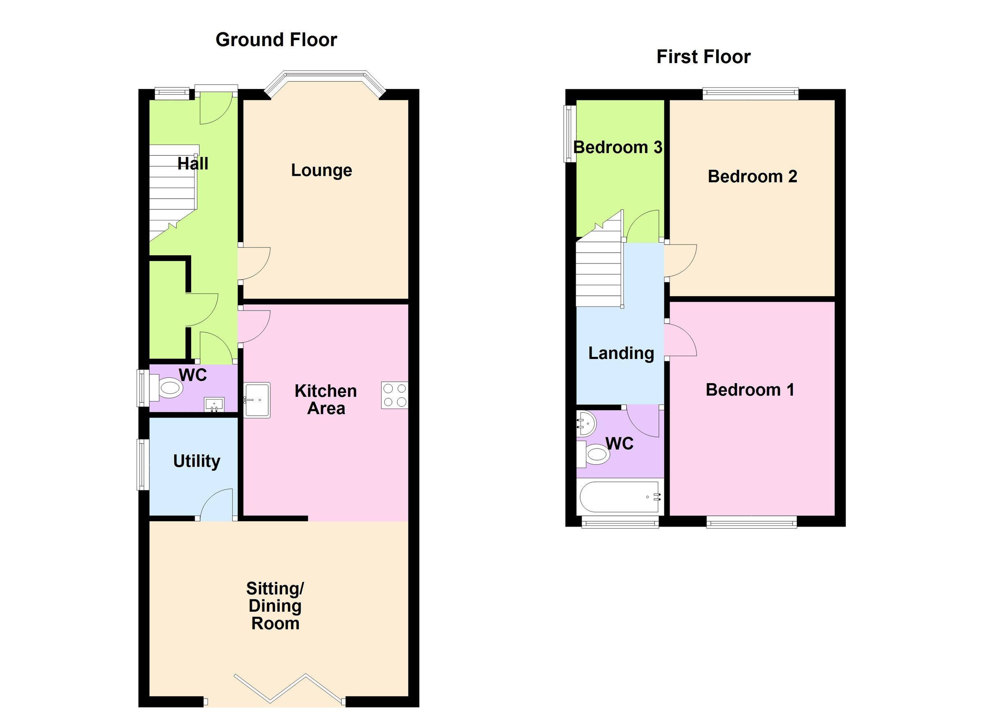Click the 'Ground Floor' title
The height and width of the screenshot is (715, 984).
276,40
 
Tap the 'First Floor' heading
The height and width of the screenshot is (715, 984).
703,57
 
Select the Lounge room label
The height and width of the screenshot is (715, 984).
321,170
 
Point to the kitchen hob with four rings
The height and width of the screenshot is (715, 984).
394,395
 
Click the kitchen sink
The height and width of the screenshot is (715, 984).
257,400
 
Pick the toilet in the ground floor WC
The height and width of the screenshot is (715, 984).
169,388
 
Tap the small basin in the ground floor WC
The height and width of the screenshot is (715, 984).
214,404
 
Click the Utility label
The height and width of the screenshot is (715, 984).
196,461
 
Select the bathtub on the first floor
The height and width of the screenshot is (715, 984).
620,497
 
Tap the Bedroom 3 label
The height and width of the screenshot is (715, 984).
618,148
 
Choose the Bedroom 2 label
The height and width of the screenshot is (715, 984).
752,177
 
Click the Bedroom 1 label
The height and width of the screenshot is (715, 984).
750,390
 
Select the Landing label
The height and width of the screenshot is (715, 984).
621,353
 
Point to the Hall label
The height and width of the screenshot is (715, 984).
193,163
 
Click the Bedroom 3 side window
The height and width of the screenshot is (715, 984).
569,134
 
